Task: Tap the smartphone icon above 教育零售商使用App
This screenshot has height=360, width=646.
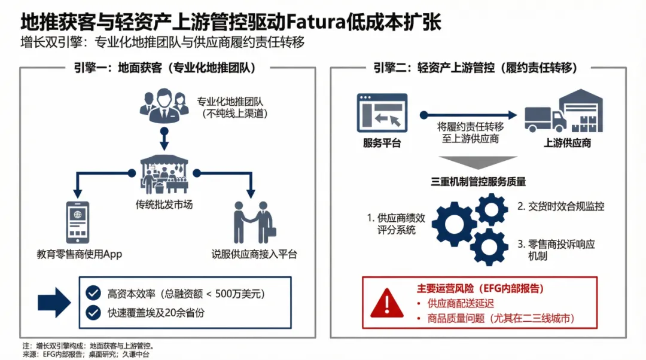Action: coord(78,221)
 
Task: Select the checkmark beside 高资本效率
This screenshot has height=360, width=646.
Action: coord(93,294)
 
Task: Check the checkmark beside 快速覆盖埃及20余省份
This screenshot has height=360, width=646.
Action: coord(93,312)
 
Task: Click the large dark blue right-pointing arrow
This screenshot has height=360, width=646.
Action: coord(54,303)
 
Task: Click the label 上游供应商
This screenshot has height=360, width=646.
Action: coord(566,144)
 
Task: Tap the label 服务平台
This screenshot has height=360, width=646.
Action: coord(382,144)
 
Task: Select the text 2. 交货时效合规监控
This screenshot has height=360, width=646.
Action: coord(560,206)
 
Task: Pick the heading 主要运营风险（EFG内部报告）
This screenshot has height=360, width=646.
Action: coord(480,288)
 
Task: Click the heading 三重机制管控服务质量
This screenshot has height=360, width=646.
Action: coord(478,181)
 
